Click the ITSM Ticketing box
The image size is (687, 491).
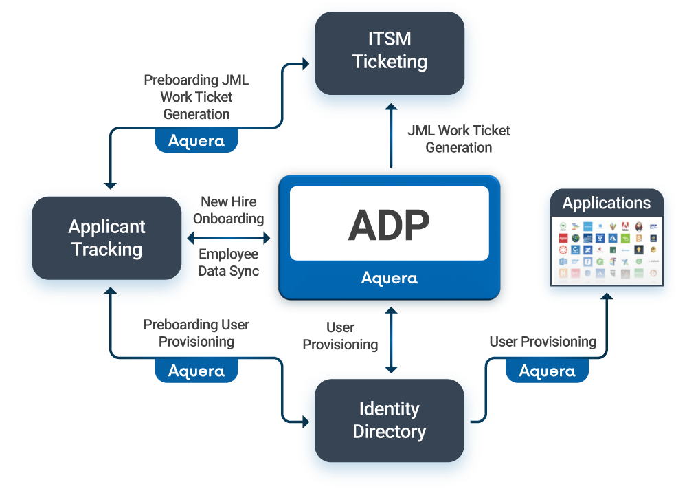pyautogui.click(x=390, y=52)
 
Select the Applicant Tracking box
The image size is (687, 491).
pyautogui.click(x=106, y=238)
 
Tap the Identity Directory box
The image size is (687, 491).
pyautogui.click(x=390, y=420)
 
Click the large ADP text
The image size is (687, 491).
pyautogui.click(x=389, y=224)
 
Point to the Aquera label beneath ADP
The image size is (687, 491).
pyautogui.click(x=389, y=279)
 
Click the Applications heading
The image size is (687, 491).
pyautogui.click(x=606, y=204)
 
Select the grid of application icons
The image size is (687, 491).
pyautogui.click(x=607, y=250)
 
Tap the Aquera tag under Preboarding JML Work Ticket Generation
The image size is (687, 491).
pyautogui.click(x=196, y=141)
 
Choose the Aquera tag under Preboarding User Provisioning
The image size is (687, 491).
pyautogui.click(x=196, y=371)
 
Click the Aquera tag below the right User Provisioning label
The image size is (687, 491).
pyautogui.click(x=548, y=371)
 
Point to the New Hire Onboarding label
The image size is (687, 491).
pyautogui.click(x=229, y=210)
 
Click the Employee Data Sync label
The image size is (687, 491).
pyautogui.click(x=229, y=263)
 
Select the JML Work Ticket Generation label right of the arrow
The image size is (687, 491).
pyautogui.click(x=459, y=139)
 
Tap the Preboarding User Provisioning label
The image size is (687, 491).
pyautogui.click(x=196, y=333)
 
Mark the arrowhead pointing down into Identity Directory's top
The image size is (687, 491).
pyautogui.click(x=391, y=369)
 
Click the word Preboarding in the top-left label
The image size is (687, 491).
pyautogui.click(x=177, y=80)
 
